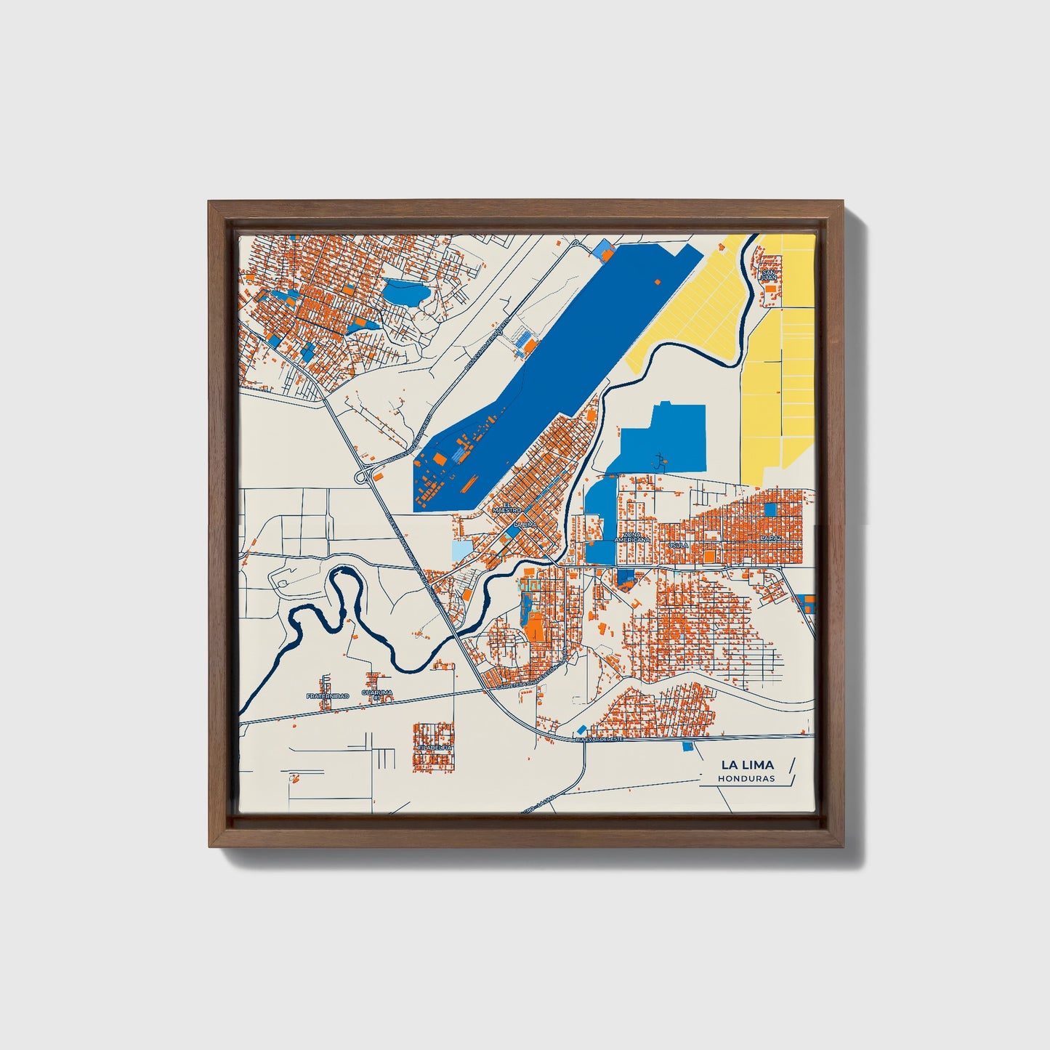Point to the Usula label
pyautogui.click(x=678, y=545)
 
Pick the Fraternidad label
pyautogui.click(x=327, y=695)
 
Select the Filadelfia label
pyautogui.click(x=435, y=746)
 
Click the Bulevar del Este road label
pyautogui.click(x=599, y=738)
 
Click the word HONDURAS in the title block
pyautogui.click(x=746, y=778)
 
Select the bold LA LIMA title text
pyautogui.click(x=747, y=764)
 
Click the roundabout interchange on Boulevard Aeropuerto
pyautogui.click(x=362, y=477)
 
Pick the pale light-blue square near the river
pyautogui.click(x=461, y=550)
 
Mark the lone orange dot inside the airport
pyautogui.click(x=658, y=281)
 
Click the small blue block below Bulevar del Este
pyautogui.click(x=687, y=746)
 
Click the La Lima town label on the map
pyautogui.click(x=525, y=524)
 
